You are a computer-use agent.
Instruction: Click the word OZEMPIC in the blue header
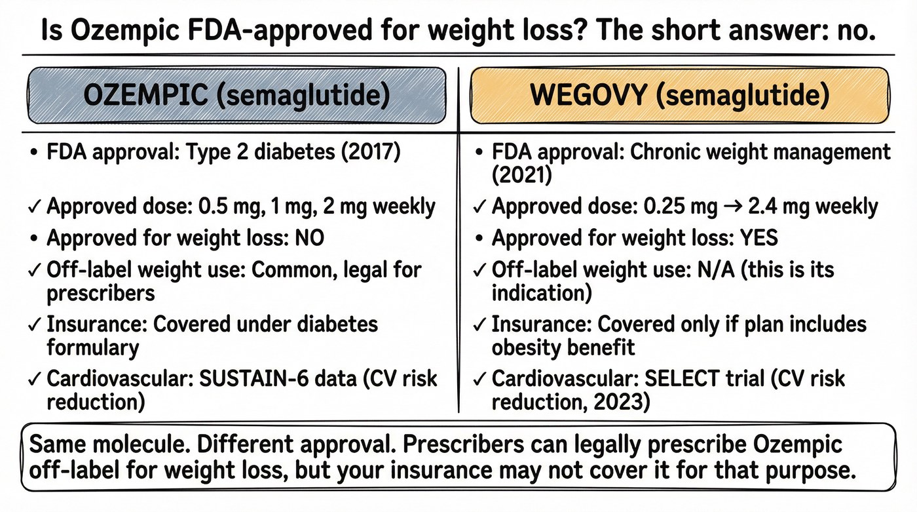tap(145, 95)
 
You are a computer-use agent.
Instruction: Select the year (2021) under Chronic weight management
tap(522, 175)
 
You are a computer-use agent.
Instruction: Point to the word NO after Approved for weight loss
tap(309, 238)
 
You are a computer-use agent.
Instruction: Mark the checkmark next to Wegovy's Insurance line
tap(479, 325)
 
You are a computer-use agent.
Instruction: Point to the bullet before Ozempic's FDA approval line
tap(34, 153)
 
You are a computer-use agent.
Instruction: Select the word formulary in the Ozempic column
tap(93, 348)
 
